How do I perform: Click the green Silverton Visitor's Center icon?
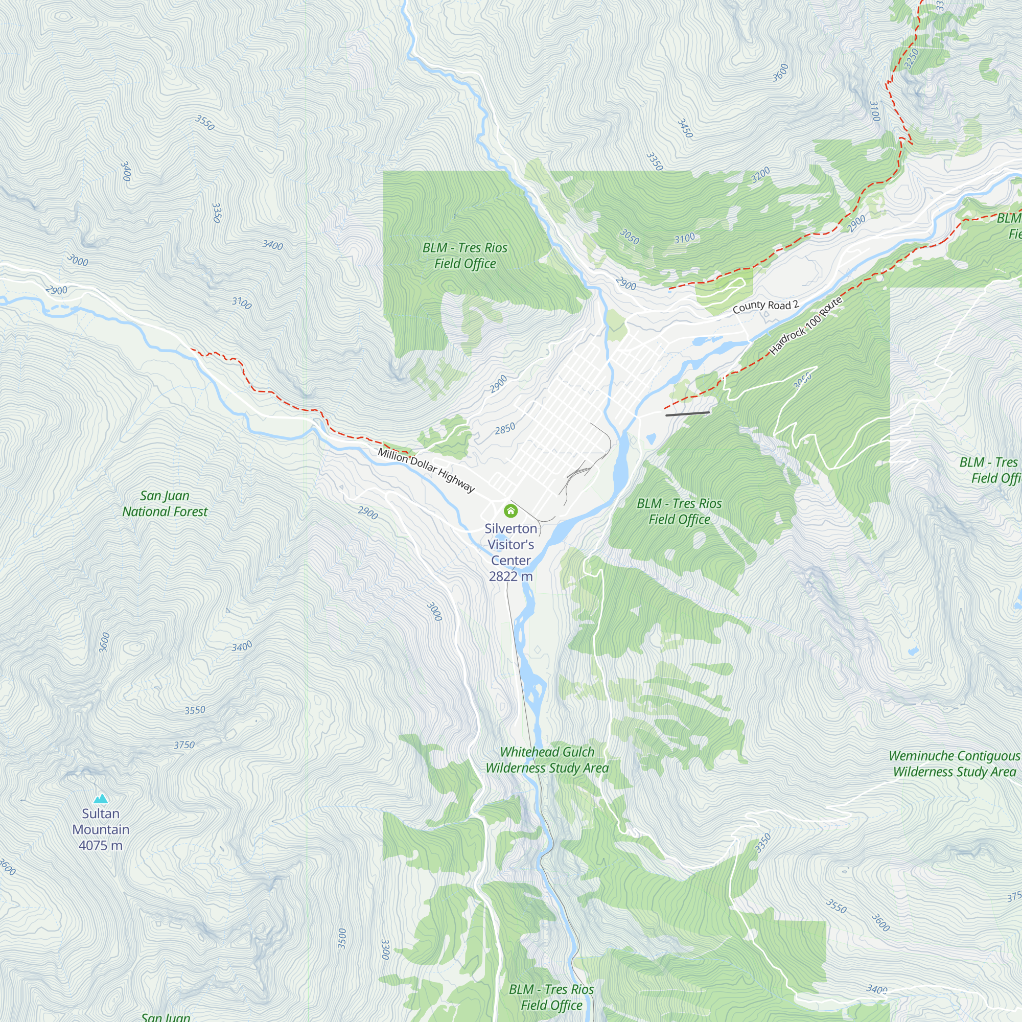[x=510, y=510]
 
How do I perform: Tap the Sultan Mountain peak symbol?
[x=101, y=799]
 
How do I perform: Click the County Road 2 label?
[x=765, y=306]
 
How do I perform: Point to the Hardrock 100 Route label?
[x=805, y=326]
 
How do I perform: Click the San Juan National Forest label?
[x=165, y=504]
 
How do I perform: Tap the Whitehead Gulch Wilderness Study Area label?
[x=547, y=760]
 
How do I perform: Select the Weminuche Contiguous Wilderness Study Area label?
[x=954, y=763]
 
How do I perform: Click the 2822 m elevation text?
[x=510, y=576]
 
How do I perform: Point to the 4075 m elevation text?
[x=101, y=845]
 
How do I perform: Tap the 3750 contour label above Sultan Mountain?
[x=184, y=745]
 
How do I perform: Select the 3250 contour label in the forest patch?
[x=911, y=59]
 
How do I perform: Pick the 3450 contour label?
[x=685, y=129]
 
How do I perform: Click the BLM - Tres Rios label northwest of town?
[x=464, y=255]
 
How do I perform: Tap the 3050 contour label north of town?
[x=630, y=237]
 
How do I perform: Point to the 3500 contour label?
[x=342, y=938]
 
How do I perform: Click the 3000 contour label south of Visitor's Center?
[x=434, y=612]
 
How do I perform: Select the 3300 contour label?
[x=385, y=949]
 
